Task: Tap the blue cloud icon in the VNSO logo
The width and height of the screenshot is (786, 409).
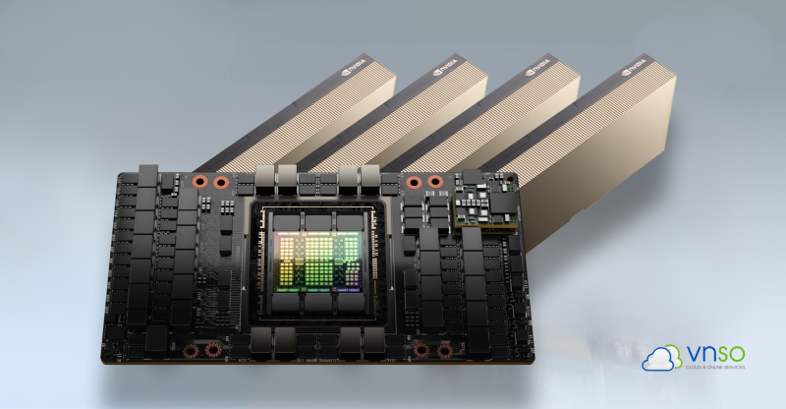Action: (x=660, y=358)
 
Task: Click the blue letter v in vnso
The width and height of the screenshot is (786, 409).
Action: (x=689, y=353)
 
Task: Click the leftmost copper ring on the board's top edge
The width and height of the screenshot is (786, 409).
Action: (x=198, y=182)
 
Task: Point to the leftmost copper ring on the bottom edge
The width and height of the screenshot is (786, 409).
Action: (x=189, y=350)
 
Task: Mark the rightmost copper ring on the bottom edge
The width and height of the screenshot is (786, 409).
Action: (x=444, y=350)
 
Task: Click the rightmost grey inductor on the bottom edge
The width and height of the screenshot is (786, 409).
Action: (x=373, y=343)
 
